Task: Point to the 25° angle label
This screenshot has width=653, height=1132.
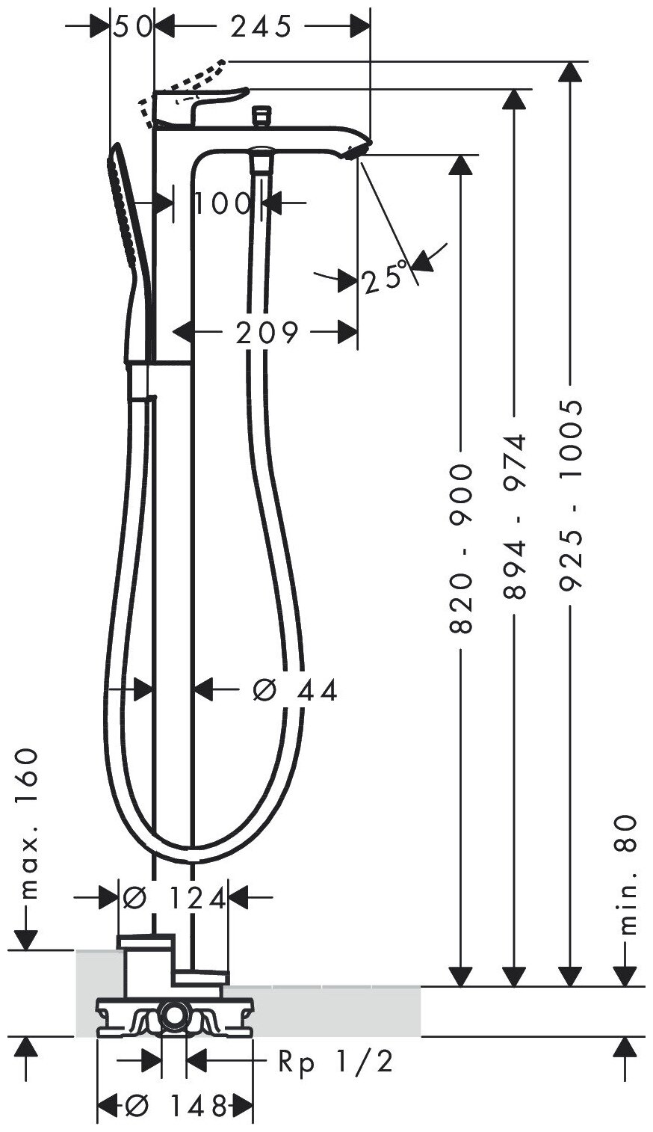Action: point(386,279)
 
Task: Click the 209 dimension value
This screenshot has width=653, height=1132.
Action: point(266,331)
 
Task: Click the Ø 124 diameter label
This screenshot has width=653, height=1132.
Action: point(174,897)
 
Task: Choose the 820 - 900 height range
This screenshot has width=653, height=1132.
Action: point(462,548)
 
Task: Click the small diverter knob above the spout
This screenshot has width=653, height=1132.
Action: point(261,114)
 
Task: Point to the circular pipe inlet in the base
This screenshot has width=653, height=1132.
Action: point(176,1015)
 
